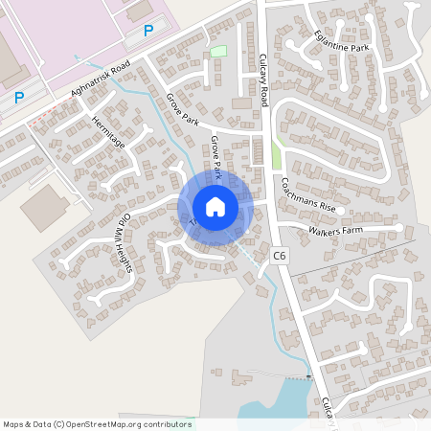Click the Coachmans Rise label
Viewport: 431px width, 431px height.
tap(307, 194)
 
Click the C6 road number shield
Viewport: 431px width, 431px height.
tap(279, 256)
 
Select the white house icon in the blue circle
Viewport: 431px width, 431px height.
tap(215, 207)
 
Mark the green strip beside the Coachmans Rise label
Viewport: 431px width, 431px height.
tap(277, 156)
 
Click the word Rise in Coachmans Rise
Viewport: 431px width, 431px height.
tap(326, 206)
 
